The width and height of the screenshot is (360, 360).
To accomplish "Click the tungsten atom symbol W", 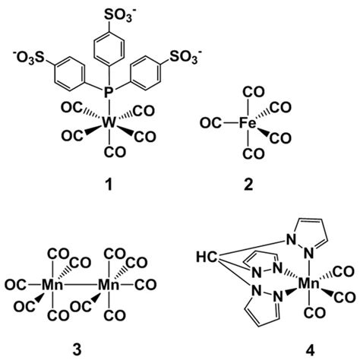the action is tap(109, 123).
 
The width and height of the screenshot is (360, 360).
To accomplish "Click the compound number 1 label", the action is tap(109, 185).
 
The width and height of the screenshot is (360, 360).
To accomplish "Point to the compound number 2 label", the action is tap(248, 185).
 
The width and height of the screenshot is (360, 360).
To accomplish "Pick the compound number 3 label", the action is tap(77, 350).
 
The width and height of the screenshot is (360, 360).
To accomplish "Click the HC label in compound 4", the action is tap(207, 257).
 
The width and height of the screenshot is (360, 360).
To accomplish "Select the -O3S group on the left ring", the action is tap(29, 58).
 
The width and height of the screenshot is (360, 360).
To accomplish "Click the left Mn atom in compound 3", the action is tap(52, 285).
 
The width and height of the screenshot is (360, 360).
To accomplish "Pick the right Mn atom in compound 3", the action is tap(109, 285).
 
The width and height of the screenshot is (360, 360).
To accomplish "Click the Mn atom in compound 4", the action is tap(309, 283).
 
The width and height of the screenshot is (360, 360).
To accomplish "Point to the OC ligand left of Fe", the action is tap(210, 124).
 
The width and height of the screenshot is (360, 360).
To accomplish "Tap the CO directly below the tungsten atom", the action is tap(115, 153).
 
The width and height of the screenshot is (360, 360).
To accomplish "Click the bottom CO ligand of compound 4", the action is tap(314, 313).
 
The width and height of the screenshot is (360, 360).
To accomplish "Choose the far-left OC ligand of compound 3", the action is tap(15, 286).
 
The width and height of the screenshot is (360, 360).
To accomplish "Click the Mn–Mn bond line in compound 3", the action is tap(81, 286).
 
